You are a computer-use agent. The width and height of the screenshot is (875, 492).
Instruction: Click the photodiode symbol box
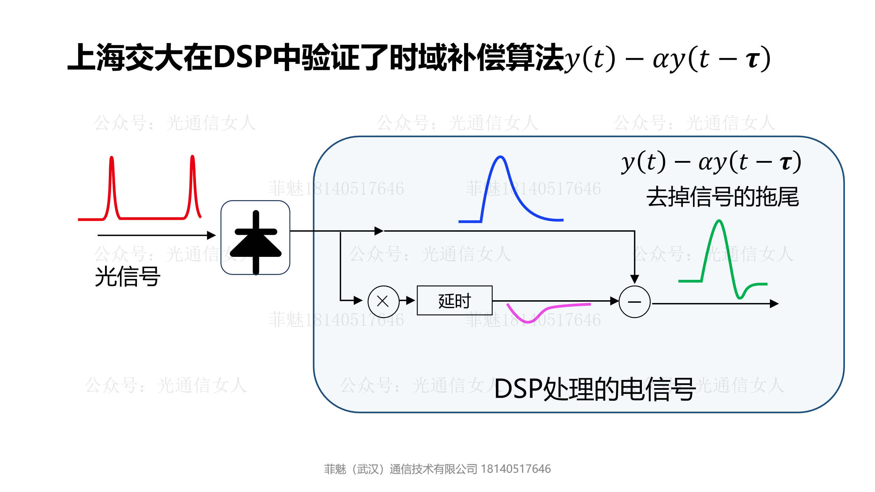click(255, 238)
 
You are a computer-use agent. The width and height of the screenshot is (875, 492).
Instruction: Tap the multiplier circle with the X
click(383, 301)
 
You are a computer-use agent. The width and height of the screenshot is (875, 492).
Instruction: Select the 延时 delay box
click(454, 301)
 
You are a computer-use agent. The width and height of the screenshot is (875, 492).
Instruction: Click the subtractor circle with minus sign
click(634, 302)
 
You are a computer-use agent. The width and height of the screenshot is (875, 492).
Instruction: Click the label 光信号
click(127, 277)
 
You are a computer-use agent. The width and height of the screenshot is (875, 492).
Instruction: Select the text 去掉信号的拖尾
click(722, 197)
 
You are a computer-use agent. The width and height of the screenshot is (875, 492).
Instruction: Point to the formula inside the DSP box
click(710, 162)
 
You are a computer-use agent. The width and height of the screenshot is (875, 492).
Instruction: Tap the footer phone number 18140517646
click(516, 469)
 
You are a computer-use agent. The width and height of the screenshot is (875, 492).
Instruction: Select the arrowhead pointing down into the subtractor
click(635, 279)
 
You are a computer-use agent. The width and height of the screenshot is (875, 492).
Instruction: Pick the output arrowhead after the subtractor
click(774, 304)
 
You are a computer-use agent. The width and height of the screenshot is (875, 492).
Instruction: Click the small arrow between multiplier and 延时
click(410, 300)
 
